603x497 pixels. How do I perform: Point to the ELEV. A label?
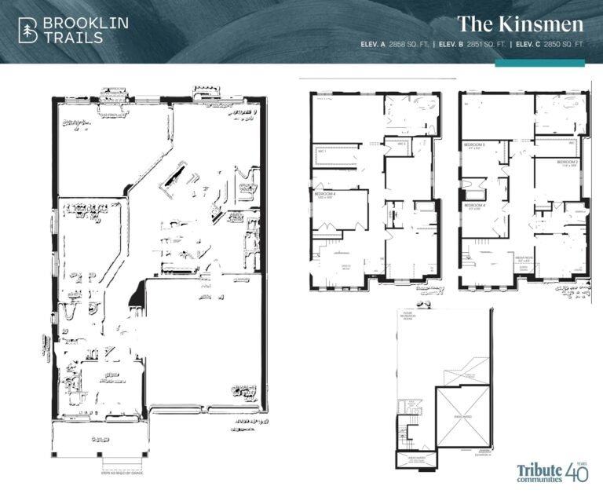[372, 45]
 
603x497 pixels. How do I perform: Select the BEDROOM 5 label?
[475, 145]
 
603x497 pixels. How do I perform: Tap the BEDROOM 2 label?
[568, 162]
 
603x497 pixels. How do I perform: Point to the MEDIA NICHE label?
[525, 258]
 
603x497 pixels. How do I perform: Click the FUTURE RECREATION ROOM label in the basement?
[407, 317]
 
